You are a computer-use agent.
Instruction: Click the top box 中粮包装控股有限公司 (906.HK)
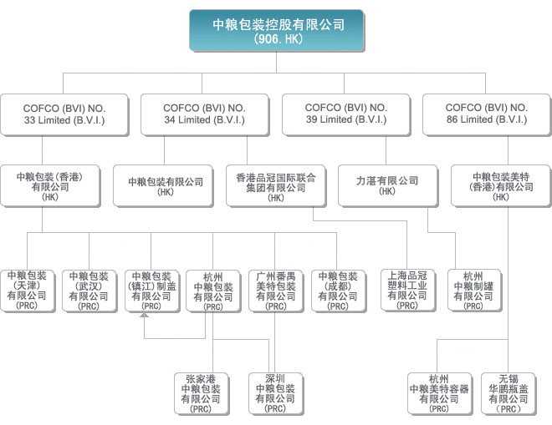coord(277,31)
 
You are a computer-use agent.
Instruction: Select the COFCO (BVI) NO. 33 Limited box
coord(64,114)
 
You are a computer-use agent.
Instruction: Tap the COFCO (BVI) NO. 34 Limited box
coord(205,114)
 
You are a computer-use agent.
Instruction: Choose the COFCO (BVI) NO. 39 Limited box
coord(346,114)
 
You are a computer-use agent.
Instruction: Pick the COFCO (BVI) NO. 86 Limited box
coord(487,114)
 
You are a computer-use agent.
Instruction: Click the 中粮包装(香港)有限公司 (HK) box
coord(50,186)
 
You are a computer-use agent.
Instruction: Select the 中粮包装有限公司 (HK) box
coord(163,186)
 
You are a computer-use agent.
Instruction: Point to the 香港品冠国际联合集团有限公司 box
coord(276,186)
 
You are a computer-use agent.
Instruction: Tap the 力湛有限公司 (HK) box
coord(388,186)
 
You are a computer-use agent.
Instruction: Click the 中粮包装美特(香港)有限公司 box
coord(501,186)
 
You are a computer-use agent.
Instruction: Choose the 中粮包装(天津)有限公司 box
coord(28,291)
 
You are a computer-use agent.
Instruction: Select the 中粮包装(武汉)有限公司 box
coord(89,291)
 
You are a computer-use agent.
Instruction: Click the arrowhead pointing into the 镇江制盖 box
coord(144,315)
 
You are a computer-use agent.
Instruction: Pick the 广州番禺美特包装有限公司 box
coord(276,291)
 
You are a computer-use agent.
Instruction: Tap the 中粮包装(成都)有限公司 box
coord(339,291)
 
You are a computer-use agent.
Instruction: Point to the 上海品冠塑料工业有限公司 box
coord(408,290)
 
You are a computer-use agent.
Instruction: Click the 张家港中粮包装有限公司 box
coord(202,394)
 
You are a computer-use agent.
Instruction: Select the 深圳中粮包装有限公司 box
coord(276,394)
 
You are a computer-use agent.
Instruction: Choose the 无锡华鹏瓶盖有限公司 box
coord(509,394)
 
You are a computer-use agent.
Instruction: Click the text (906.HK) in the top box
coord(279,38)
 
